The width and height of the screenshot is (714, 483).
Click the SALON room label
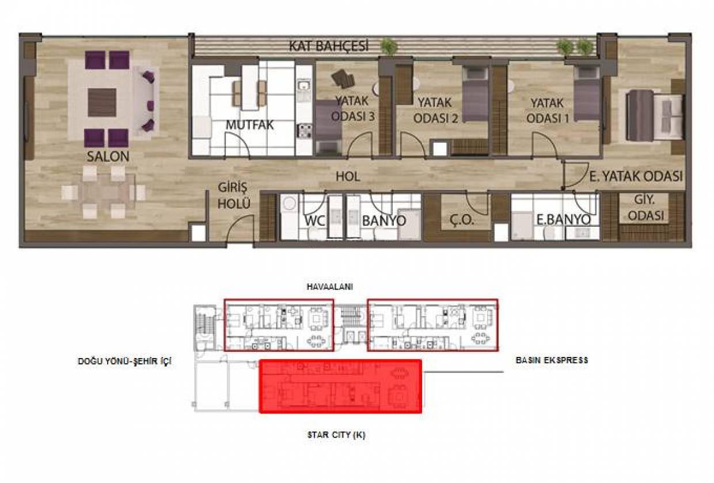pos(108,157)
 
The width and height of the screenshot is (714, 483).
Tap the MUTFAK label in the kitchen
pos(249,125)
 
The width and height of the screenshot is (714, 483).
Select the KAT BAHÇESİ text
pos(329,46)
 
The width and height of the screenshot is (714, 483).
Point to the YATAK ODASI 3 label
pos(353,109)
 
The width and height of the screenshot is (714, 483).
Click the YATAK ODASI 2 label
pos(435,110)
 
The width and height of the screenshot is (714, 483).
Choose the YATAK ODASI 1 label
pos(548,111)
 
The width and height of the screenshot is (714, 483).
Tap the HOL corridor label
pos(348,177)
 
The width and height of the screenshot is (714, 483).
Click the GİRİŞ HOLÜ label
pos(234,196)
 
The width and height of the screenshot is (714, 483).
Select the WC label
pos(314,220)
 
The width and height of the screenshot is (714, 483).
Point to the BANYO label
pos(384,220)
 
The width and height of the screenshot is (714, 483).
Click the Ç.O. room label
pos(462,220)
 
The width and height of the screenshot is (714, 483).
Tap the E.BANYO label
pos(563,220)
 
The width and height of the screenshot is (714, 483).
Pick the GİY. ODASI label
pos(646,207)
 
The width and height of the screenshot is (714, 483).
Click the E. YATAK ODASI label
pos(636,177)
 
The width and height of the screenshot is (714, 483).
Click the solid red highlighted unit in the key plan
pos(341,386)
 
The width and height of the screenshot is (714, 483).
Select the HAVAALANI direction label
pos(330,287)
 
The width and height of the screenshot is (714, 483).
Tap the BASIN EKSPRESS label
pos(552,360)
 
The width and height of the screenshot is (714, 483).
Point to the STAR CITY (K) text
pos(336,435)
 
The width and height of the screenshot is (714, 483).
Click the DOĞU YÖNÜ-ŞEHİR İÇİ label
pos(124,361)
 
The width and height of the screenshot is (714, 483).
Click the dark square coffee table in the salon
pos(102,102)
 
